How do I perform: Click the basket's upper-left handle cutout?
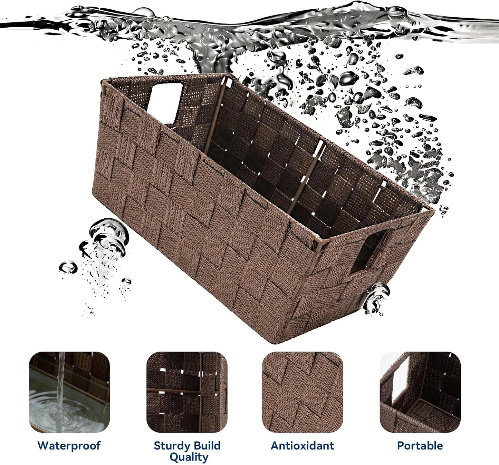165,102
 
